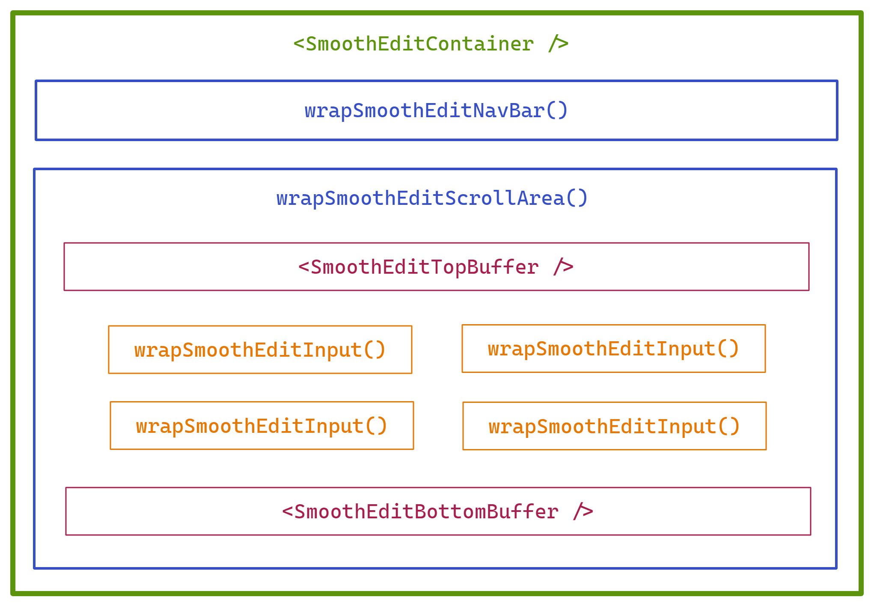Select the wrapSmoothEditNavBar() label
coord(436,111)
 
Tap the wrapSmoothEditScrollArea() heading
coord(431,198)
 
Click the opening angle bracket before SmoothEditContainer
coord(298,44)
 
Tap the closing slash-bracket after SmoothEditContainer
coord(558,44)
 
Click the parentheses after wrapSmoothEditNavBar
coord(557,111)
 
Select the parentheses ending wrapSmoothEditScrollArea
coord(577,198)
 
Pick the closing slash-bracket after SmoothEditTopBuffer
coord(563,267)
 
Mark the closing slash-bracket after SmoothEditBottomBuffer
coord(583,512)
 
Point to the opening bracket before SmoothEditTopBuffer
coord(303,267)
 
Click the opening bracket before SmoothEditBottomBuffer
coord(287,512)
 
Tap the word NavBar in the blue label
coord(508,111)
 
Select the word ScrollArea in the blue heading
coord(505,198)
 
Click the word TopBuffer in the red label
coord(485,267)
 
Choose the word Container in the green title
coord(479,44)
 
